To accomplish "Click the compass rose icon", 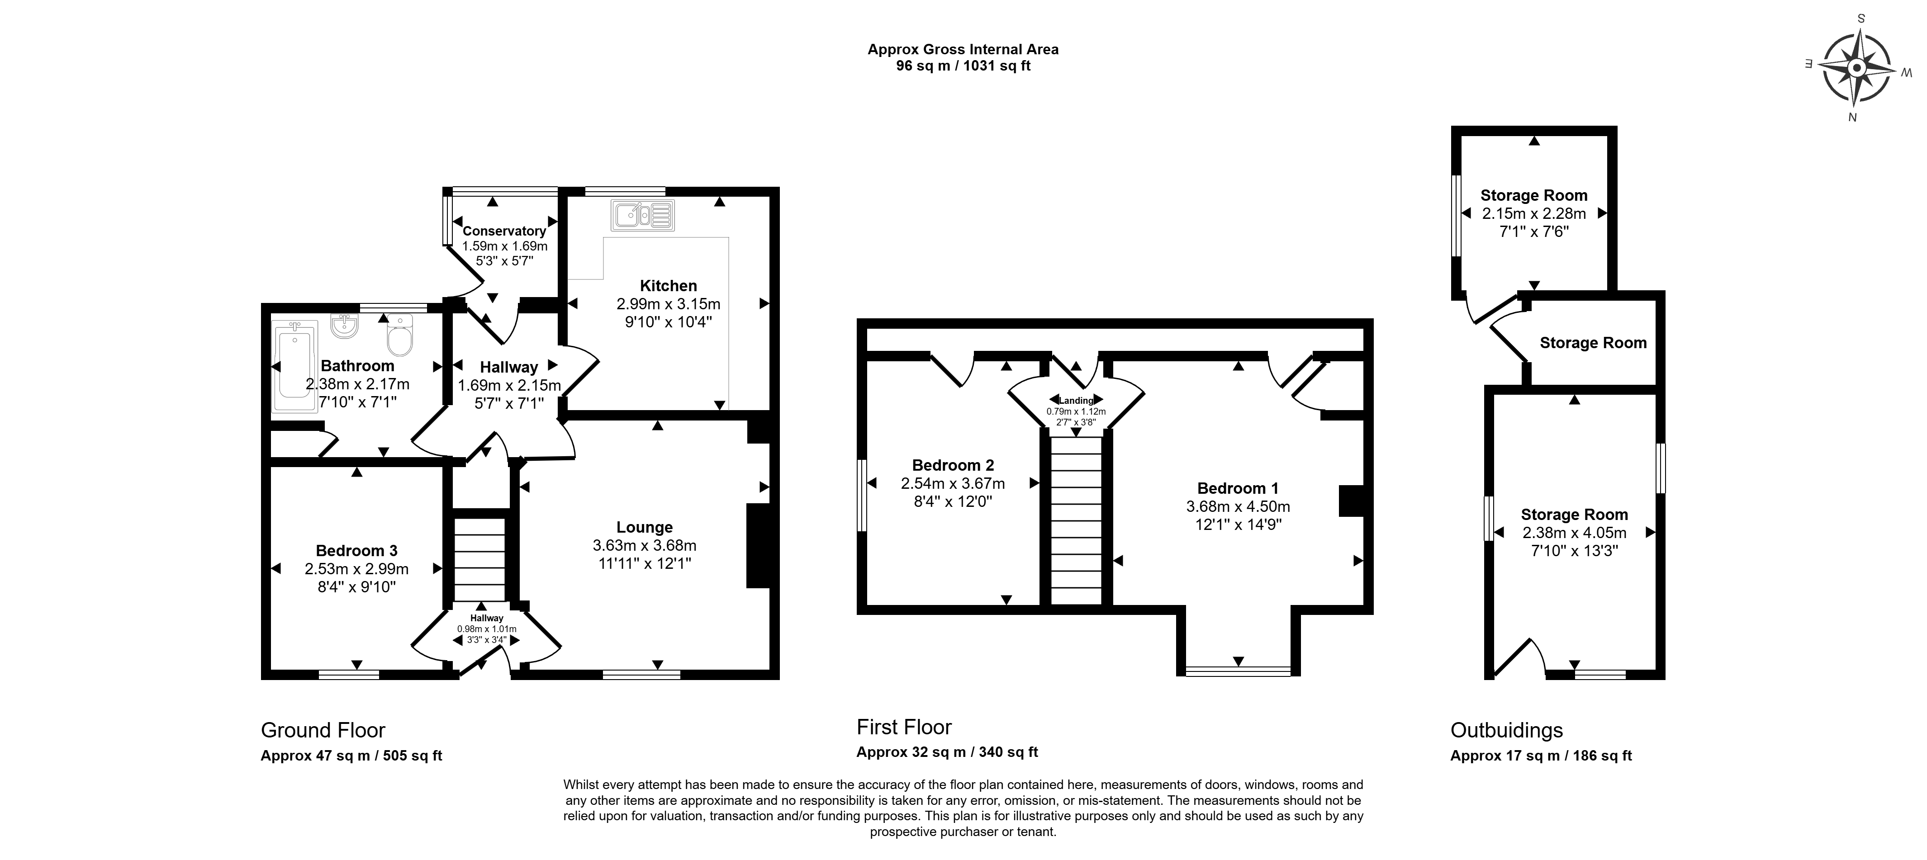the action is click(x=1856, y=68).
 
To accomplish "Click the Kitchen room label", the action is click(x=668, y=286).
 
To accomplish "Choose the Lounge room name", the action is click(x=644, y=527).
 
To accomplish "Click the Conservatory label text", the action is click(x=504, y=231).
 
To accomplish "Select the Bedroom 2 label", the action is click(x=953, y=465).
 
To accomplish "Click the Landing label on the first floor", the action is click(x=1076, y=401).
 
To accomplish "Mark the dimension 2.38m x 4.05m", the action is click(x=1574, y=533).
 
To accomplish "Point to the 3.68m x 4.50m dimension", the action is click(x=1238, y=506).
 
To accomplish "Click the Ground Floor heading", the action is click(x=323, y=731).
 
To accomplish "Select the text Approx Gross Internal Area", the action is click(x=963, y=49).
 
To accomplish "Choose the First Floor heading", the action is click(x=904, y=727).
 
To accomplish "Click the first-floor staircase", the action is click(x=1077, y=520).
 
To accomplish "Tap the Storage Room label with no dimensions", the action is click(x=1593, y=343).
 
